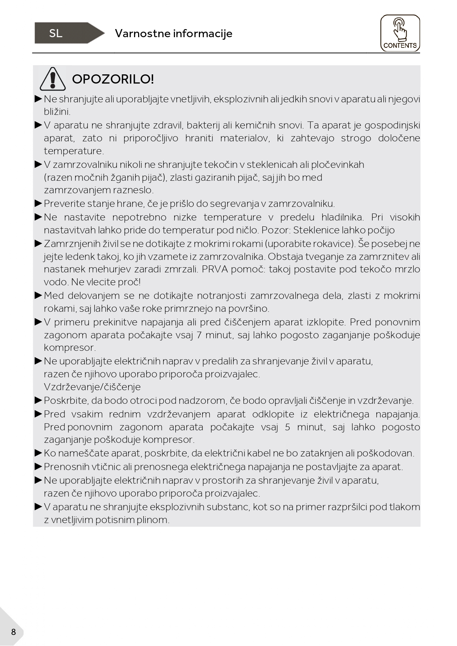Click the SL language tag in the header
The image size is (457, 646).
56,33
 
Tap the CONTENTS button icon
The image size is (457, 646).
400,33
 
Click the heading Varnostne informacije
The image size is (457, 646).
173,33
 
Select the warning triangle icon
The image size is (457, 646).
53,79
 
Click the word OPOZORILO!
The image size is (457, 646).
113,79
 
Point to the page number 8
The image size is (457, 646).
14,632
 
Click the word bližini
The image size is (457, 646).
57,112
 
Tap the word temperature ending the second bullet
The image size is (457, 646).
73,151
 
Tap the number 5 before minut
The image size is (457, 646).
288,427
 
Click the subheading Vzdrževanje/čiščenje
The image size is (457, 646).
92,387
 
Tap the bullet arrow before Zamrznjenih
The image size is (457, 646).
38,243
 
